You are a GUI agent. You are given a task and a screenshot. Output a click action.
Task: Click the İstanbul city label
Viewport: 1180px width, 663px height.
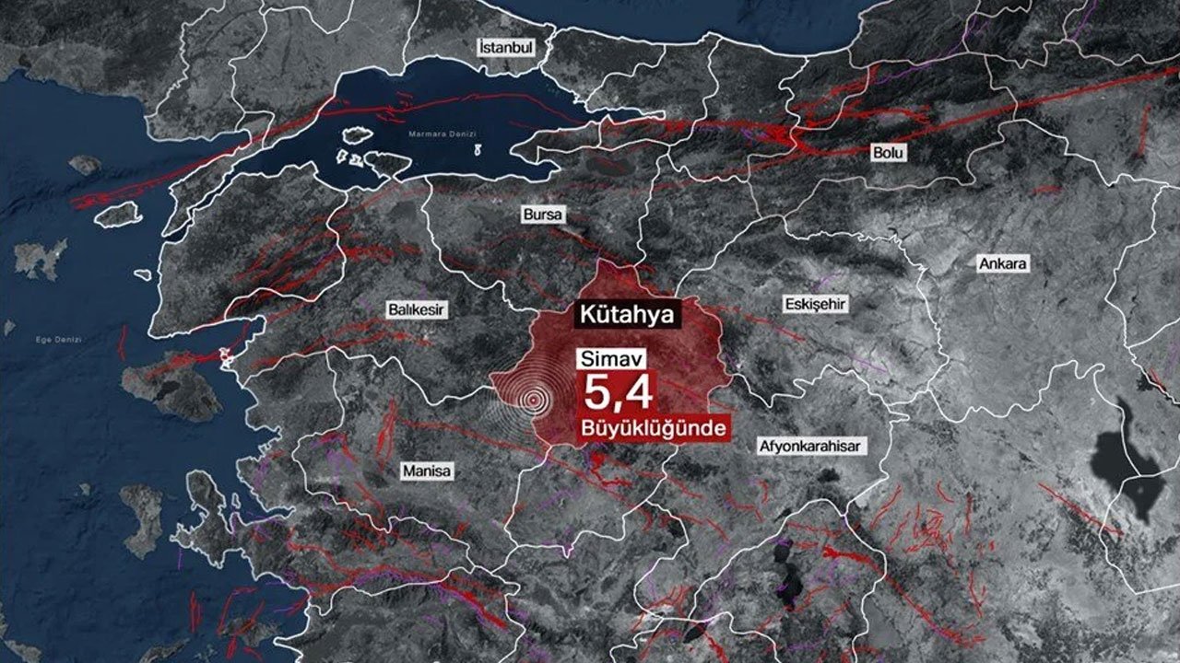506,46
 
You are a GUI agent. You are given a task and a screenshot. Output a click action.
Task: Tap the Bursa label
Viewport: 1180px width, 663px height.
541,215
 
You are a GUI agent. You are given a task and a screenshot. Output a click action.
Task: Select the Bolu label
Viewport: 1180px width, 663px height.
889,153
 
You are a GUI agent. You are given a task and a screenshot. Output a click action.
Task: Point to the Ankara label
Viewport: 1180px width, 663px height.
1002,264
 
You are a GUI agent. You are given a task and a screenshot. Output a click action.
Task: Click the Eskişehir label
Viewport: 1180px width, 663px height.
815,304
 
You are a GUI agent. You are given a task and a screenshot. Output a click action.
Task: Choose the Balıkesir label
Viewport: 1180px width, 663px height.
416,310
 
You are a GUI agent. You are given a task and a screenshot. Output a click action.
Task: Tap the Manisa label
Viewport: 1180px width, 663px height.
427,471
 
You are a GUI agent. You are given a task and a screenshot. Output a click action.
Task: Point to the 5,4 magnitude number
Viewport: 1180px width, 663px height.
616,393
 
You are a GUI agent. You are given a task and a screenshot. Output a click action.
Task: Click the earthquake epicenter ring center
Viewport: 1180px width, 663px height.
532,400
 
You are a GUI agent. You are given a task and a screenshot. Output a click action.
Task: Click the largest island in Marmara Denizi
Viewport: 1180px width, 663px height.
387,164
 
